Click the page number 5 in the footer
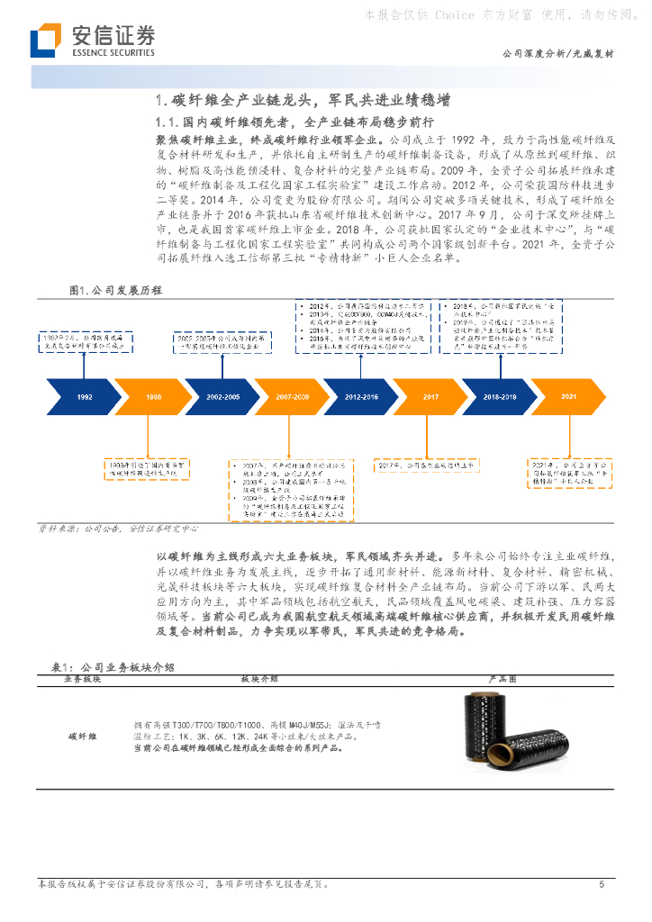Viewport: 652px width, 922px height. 602,885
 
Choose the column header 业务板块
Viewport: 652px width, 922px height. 82,679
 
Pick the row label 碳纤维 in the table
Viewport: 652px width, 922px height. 83,736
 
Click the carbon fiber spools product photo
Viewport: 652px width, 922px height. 503,731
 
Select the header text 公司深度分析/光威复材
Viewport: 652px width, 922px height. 557,54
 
